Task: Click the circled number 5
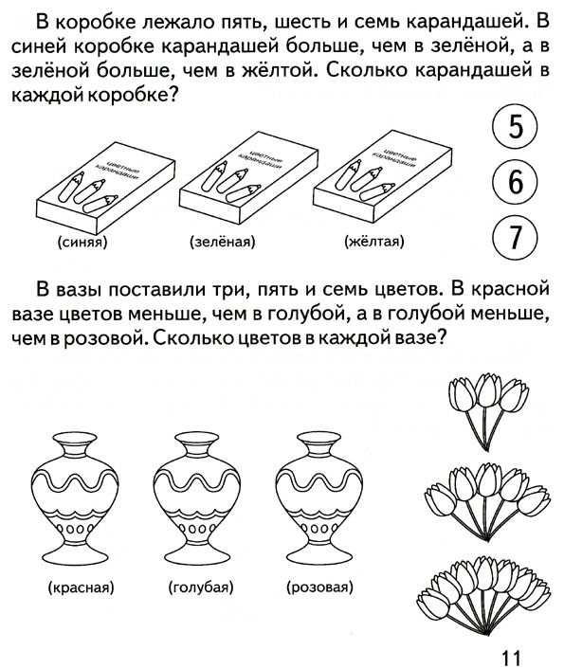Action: click(516, 126)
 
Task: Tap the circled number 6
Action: click(516, 181)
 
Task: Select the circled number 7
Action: click(516, 237)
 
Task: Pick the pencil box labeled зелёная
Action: click(249, 178)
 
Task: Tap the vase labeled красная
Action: click(75, 497)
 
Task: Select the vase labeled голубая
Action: click(197, 497)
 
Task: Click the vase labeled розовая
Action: click(318, 497)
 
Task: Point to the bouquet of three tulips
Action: click(488, 411)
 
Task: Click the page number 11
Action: click(511, 658)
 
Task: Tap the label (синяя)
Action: click(82, 243)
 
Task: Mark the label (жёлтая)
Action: click(374, 242)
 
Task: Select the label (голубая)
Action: click(201, 588)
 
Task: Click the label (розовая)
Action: click(320, 588)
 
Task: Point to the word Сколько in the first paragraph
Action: click(367, 70)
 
